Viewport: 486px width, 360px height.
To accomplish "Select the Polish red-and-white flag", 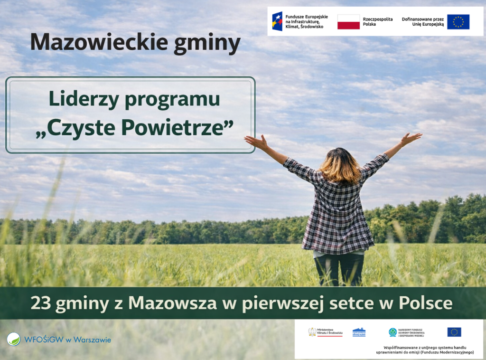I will point(348,22).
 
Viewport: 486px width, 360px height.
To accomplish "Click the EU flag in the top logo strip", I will point(458,22).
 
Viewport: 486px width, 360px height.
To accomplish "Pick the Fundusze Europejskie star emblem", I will point(277,21).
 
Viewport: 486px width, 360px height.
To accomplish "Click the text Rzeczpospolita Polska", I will point(378,21).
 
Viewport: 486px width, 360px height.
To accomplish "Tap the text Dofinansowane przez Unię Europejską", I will point(423,21).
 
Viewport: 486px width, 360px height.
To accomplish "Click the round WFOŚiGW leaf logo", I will point(13,339).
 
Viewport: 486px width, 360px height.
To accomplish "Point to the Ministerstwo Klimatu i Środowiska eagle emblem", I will point(312,332).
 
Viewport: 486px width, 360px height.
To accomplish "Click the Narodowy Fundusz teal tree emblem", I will point(393,332).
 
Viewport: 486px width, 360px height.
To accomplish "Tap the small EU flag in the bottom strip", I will point(454,332).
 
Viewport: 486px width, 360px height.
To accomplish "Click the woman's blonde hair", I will point(339,166).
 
